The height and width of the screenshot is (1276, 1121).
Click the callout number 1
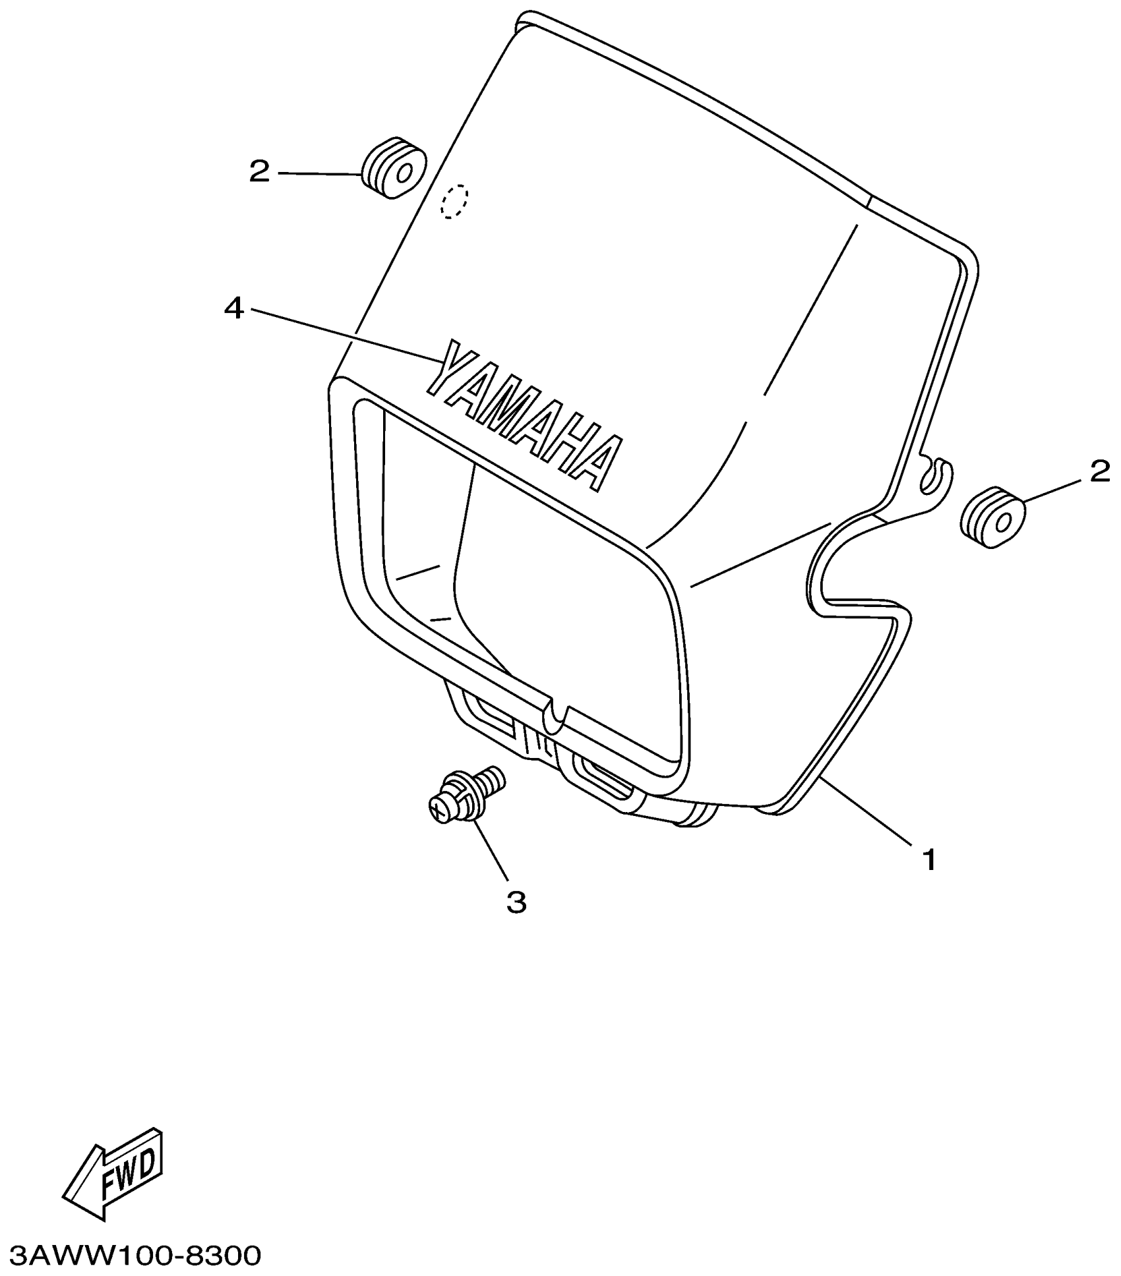coord(929,860)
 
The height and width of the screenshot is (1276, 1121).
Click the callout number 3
coord(516,902)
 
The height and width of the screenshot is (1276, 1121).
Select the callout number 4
coord(234,308)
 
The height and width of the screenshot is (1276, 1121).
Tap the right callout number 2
coord(1099,471)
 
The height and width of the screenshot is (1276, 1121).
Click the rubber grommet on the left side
coord(393,169)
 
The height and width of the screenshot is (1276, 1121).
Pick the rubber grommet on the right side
coord(993,517)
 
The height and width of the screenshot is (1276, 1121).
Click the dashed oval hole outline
coord(454,200)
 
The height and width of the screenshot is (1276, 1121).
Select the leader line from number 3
coord(492,850)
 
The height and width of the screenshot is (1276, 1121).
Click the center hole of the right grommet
coord(1004,523)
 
